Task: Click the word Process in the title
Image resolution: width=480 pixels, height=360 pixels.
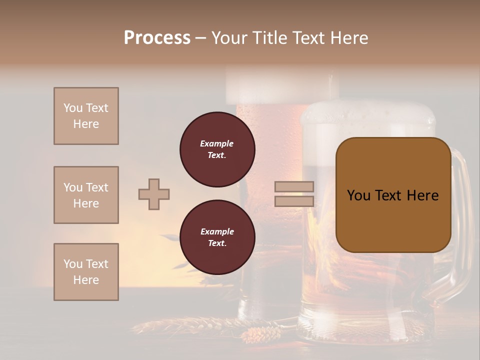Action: coord(157,38)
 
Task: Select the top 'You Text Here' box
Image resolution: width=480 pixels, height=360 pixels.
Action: coord(86,116)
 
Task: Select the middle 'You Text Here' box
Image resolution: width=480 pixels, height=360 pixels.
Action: coord(86,195)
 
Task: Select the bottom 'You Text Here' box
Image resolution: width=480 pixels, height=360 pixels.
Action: coord(86,272)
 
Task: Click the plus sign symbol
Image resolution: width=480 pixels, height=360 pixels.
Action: coord(154,194)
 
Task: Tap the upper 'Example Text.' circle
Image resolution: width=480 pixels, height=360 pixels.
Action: coord(217,149)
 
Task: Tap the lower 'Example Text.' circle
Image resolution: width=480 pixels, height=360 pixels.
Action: coord(217,237)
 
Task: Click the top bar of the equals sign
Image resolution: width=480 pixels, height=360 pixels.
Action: coord(294,187)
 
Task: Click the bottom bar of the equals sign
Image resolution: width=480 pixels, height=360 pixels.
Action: coord(294,201)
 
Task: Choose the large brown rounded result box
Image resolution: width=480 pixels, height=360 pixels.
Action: coord(393,195)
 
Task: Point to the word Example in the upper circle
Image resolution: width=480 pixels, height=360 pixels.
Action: coord(216,143)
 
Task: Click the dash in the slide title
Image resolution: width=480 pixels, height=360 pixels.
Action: coord(201,38)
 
